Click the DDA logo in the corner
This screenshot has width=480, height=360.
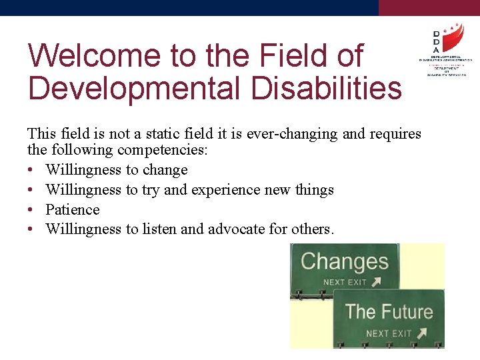coord(442,50)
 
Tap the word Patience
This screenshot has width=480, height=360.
coord(73,210)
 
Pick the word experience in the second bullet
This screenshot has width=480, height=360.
coord(225,190)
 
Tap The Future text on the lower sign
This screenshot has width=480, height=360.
coord(389,311)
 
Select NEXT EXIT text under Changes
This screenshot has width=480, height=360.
coord(344,282)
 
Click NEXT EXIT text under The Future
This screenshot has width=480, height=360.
coord(387,333)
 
